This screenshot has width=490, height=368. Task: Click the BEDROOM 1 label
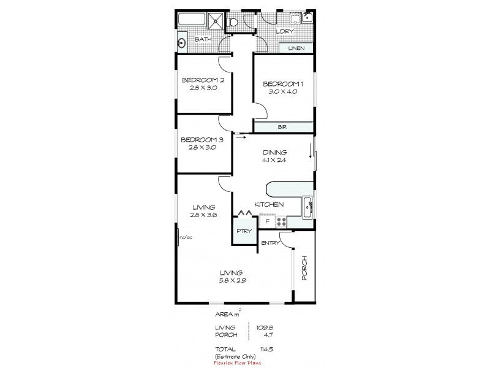click(283, 83)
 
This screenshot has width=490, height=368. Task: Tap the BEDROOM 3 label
click(202, 140)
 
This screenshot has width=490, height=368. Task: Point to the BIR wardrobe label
click(282, 127)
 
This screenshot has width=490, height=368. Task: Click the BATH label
click(203, 40)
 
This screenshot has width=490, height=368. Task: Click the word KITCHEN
click(269, 204)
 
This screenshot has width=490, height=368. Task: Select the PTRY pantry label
click(242, 232)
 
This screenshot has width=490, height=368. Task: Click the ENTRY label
click(270, 243)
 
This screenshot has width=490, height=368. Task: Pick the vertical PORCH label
click(304, 269)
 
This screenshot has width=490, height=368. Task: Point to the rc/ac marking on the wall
click(183, 237)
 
